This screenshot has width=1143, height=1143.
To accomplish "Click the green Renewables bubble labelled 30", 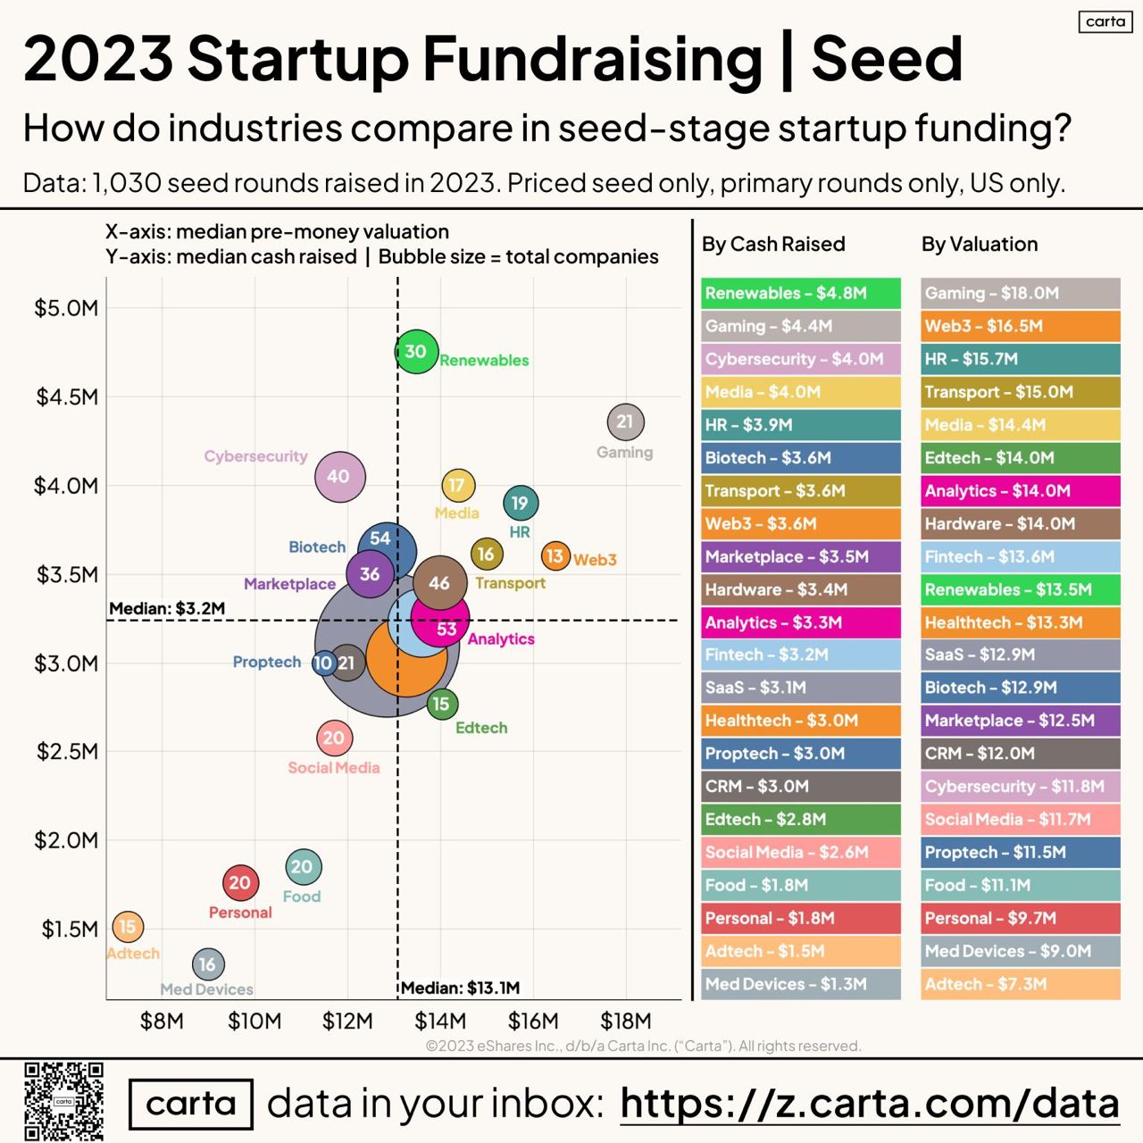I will pyautogui.click(x=416, y=352).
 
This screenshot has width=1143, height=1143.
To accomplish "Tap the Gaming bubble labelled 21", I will pyautogui.click(x=625, y=421).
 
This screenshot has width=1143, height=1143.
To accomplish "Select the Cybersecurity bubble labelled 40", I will pyautogui.click(x=339, y=477).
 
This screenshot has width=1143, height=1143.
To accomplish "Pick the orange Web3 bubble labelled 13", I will pyautogui.click(x=555, y=556).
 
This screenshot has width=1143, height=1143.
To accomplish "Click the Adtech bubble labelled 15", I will pyautogui.click(x=128, y=927).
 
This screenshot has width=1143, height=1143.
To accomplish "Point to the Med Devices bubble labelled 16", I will pyautogui.click(x=208, y=964).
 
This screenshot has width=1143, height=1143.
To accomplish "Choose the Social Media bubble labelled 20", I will pyautogui.click(x=334, y=738).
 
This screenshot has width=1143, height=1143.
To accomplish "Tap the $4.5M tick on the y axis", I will pyautogui.click(x=67, y=396).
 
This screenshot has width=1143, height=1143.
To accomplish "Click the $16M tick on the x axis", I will pyautogui.click(x=533, y=1021).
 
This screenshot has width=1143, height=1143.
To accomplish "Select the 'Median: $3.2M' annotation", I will pyautogui.click(x=167, y=609).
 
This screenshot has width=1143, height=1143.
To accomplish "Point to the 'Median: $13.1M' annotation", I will pyautogui.click(x=460, y=988).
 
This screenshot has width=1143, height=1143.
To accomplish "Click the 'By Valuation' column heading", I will pyautogui.click(x=980, y=244).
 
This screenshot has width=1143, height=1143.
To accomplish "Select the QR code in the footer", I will pyautogui.click(x=64, y=1101).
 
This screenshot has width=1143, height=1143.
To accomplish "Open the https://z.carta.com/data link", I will pyautogui.click(x=869, y=1104).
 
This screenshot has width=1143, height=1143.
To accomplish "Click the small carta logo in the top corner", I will pyautogui.click(x=1105, y=21).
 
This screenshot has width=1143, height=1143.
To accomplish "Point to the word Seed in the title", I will pyautogui.click(x=887, y=59).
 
